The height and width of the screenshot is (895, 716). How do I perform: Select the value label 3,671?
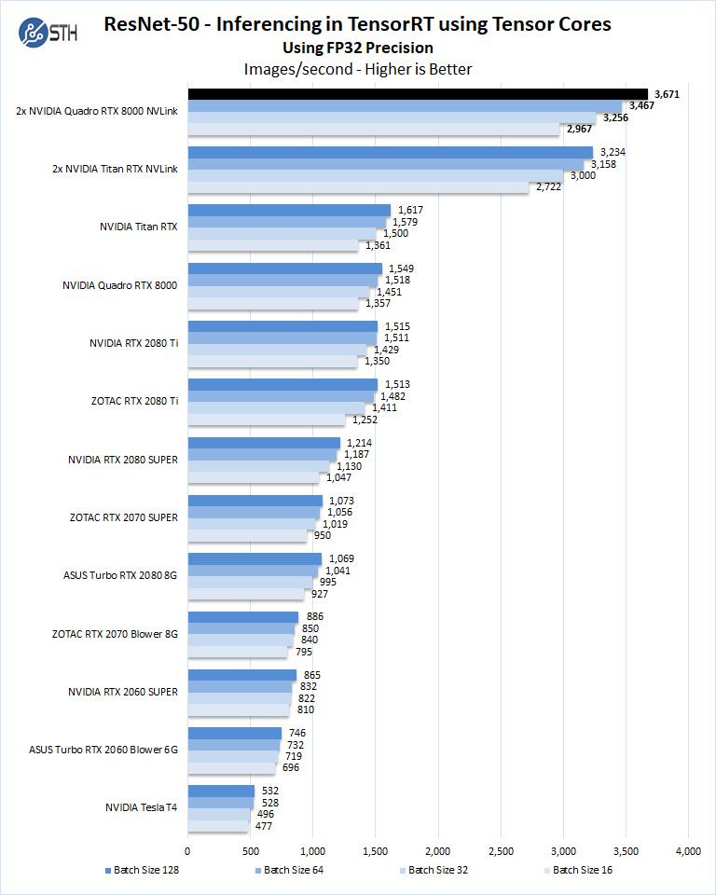(665, 94)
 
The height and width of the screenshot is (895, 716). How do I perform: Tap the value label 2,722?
(545, 187)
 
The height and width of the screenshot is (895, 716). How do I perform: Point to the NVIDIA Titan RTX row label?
(138, 227)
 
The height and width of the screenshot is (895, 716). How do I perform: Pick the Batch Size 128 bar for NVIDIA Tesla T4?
(221, 791)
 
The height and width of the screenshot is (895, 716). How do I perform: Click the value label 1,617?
(411, 210)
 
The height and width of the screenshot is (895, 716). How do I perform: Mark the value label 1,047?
(338, 476)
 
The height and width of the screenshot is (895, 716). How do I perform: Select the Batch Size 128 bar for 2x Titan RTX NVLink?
(390, 152)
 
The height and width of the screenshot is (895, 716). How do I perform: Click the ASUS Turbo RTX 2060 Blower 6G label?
(103, 748)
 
